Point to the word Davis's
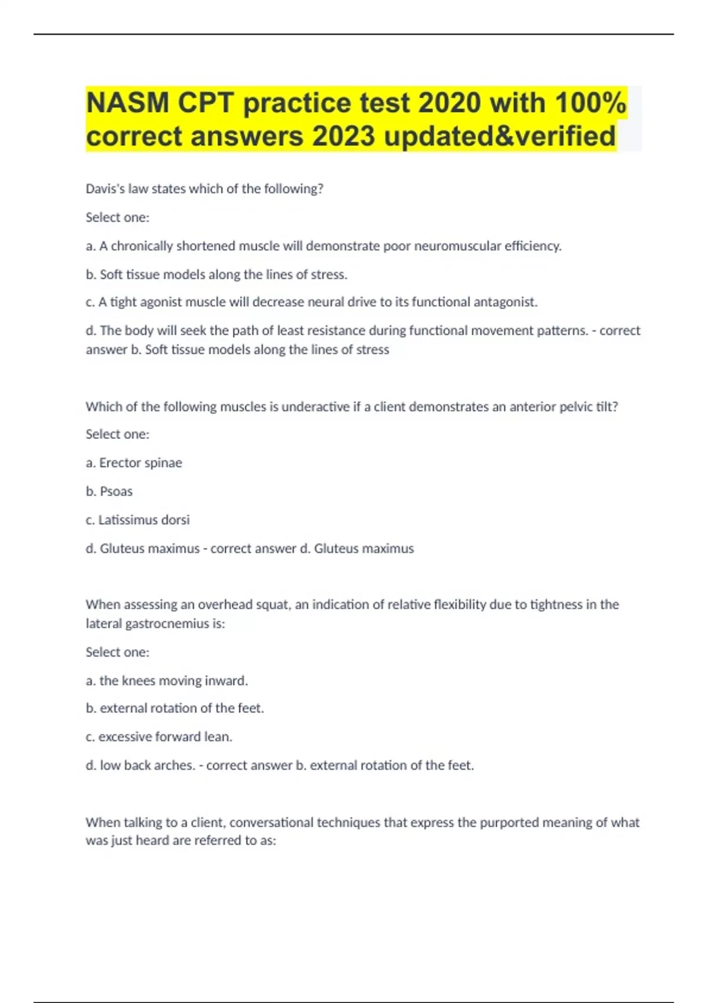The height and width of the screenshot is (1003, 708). pyautogui.click(x=105, y=189)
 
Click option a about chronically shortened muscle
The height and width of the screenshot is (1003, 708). pyautogui.click(x=323, y=246)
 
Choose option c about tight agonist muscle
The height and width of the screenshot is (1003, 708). pyautogui.click(x=312, y=302)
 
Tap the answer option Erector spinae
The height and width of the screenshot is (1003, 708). pyautogui.click(x=134, y=463)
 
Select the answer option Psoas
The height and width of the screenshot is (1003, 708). pyautogui.click(x=109, y=491)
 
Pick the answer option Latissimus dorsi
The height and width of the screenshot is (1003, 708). pyautogui.click(x=137, y=520)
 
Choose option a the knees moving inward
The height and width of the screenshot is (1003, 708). pyautogui.click(x=166, y=681)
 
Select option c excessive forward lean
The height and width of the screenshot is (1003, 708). pyautogui.click(x=159, y=737)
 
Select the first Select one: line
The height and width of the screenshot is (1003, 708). pyautogui.click(x=117, y=218)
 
